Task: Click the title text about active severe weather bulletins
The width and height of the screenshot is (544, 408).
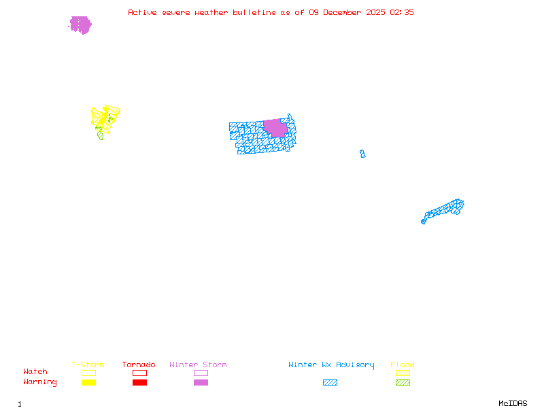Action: click(x=271, y=12)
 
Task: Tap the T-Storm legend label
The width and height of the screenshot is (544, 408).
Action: click(x=88, y=365)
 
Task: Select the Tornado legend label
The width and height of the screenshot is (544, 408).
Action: click(x=139, y=365)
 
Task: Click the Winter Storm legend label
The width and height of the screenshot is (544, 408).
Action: click(x=198, y=365)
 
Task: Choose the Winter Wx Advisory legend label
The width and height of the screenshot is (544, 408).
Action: click(x=331, y=365)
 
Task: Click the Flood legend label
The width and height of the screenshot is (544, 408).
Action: click(x=403, y=365)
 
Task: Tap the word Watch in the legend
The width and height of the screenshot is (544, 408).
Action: click(x=35, y=372)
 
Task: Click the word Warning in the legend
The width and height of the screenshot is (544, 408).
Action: click(x=40, y=382)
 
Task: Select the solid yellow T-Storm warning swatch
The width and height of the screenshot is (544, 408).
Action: click(x=88, y=382)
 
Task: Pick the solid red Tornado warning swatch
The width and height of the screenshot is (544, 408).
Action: click(x=139, y=382)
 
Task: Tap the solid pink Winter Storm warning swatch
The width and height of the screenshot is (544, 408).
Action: click(x=201, y=382)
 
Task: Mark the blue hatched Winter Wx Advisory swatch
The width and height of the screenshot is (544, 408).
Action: click(x=330, y=382)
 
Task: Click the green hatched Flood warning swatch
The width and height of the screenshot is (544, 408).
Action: click(x=403, y=382)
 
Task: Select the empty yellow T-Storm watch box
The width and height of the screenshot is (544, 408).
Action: click(x=88, y=373)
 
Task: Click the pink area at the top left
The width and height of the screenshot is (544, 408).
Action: click(x=80, y=25)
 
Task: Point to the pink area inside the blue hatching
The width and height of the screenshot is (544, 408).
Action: click(x=275, y=128)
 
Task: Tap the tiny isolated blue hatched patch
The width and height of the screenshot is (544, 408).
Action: click(x=362, y=154)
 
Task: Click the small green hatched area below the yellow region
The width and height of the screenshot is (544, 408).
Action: click(x=101, y=135)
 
